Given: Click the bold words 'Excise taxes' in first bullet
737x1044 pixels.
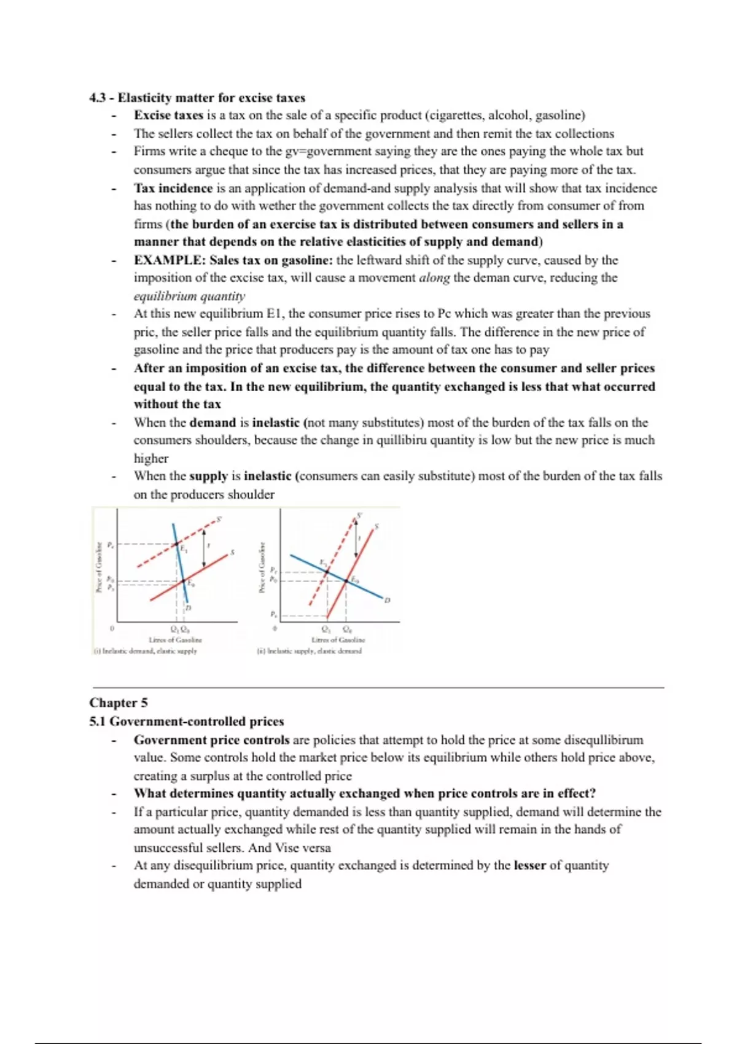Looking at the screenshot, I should point(168,115).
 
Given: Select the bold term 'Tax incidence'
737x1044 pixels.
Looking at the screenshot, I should point(173,188).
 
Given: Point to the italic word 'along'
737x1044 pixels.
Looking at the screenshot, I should point(434,278).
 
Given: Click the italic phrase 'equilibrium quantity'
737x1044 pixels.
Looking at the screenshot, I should point(189,296).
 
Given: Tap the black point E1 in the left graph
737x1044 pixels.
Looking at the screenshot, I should point(177,544).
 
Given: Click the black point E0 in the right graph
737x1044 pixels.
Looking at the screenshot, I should point(346,580).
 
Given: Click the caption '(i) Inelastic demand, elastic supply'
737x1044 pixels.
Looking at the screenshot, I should point(146,651).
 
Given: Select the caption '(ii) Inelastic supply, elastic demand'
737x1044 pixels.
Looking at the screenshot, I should point(310,651).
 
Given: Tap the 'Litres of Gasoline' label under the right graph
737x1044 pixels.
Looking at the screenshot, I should point(338,640).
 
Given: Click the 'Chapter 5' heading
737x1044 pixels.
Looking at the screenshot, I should point(119,703).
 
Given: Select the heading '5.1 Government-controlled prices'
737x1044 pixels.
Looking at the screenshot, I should point(187,721).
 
